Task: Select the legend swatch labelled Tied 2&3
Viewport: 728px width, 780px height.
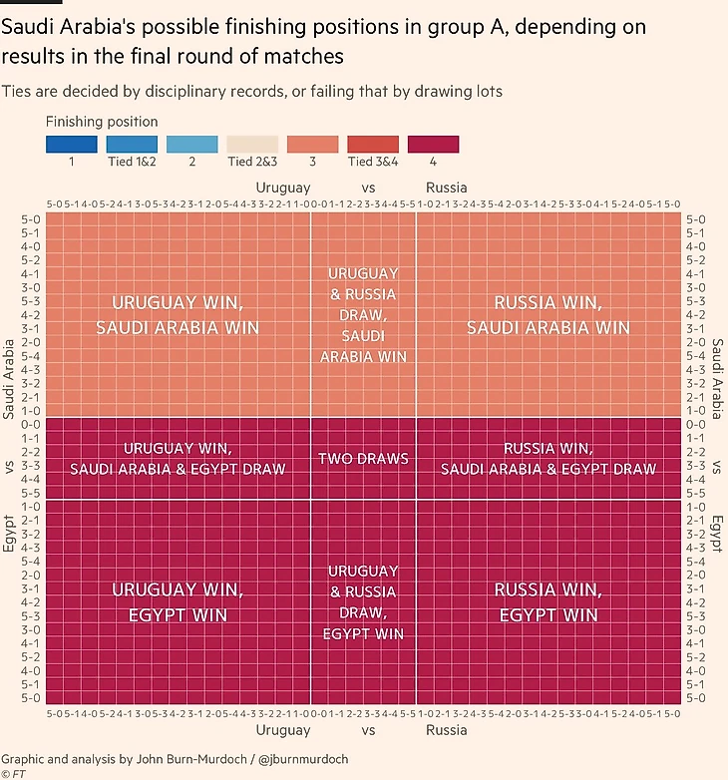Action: point(252,144)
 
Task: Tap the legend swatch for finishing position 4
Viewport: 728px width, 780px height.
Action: point(433,144)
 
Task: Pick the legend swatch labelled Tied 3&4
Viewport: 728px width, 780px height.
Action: point(373,144)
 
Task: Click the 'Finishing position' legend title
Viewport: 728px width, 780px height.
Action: point(102,122)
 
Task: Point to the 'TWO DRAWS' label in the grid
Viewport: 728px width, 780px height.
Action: point(363,459)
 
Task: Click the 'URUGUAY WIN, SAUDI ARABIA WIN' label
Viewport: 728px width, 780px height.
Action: point(178,314)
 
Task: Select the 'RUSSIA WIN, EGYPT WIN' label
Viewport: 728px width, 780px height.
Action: point(547,602)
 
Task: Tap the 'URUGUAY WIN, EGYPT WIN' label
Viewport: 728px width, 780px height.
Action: point(178,602)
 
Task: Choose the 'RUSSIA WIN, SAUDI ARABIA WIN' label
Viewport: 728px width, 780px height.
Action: point(547,314)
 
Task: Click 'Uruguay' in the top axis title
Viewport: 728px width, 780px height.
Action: point(283,188)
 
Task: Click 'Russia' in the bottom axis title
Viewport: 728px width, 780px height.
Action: point(446,730)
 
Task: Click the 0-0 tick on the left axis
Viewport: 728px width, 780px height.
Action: point(29,425)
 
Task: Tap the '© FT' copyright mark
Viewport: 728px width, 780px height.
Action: point(13,774)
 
